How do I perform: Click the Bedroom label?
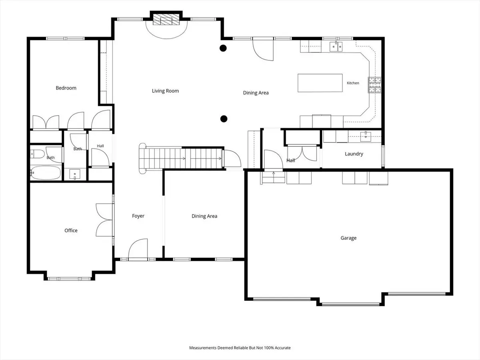(x=66, y=88)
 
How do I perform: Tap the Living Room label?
(x=165, y=91)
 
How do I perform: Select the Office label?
(x=71, y=230)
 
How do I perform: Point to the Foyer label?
(x=138, y=216)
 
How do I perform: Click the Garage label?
(x=348, y=238)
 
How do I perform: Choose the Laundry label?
(x=354, y=154)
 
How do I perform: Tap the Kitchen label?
(x=353, y=83)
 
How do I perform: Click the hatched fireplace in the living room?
(x=166, y=20)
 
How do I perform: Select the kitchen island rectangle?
(x=320, y=83)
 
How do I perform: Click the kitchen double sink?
(x=336, y=46)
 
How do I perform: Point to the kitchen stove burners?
(x=374, y=85)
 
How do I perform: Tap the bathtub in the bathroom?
(x=46, y=173)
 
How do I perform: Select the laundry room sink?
(x=366, y=137)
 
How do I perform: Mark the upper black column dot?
(x=223, y=48)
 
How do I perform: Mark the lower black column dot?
(x=224, y=119)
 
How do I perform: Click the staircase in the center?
(x=181, y=158)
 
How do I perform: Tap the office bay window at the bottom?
(x=69, y=279)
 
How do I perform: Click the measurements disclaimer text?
(x=240, y=348)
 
